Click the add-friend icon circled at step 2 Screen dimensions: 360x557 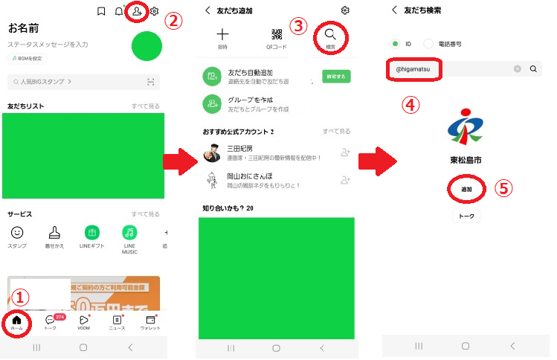click(x=135, y=12)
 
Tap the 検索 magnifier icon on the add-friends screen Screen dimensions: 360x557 click(x=330, y=34)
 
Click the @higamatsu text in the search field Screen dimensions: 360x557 click(x=413, y=69)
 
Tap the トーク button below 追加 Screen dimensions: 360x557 click(x=466, y=216)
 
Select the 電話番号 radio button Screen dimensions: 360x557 click(x=429, y=44)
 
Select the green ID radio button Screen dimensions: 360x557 click(x=395, y=44)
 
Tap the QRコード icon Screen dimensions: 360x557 click(x=277, y=34)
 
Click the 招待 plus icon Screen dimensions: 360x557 click(x=223, y=34)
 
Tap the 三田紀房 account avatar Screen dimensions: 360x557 click(x=212, y=152)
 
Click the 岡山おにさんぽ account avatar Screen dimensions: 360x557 click(x=212, y=180)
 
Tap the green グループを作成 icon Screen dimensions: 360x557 click(x=213, y=104)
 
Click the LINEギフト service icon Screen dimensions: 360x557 click(x=92, y=232)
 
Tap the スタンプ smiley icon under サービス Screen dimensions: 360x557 click(x=17, y=232)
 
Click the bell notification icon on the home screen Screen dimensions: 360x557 click(x=118, y=11)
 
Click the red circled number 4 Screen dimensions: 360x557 click(x=410, y=104)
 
